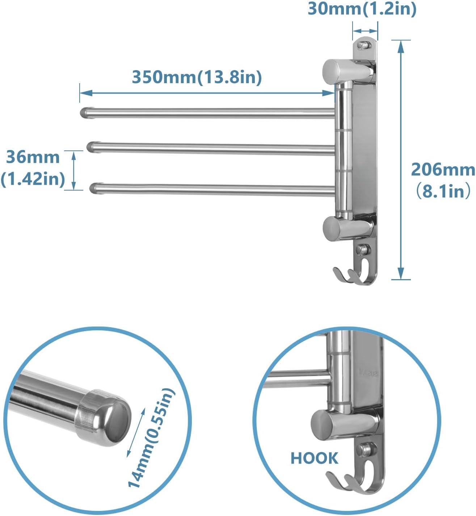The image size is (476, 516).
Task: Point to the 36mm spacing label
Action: pyautogui.click(x=33, y=157)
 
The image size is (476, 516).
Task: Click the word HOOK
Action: pyautogui.click(x=314, y=458)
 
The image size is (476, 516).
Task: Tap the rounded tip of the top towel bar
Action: pyautogui.click(x=84, y=112)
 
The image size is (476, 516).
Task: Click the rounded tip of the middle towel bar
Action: pyautogui.click(x=91, y=147)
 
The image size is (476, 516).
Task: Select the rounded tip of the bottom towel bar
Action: pyautogui.click(x=94, y=188)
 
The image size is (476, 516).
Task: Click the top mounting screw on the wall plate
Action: pyautogui.click(x=363, y=45)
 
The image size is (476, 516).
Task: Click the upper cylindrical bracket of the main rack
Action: pyautogui.click(x=332, y=71)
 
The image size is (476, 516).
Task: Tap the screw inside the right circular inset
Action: pyautogui.click(x=364, y=449)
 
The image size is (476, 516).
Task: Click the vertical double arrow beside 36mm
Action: pyautogui.click(x=73, y=170)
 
